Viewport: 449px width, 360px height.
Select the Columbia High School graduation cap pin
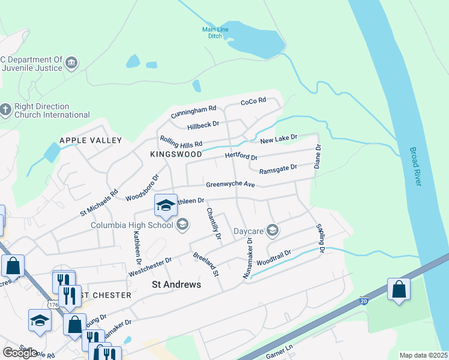point(166,205)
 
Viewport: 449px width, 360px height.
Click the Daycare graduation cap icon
point(273,230)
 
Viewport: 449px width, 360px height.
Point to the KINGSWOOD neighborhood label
point(176,154)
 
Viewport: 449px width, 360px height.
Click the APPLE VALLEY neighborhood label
point(90,140)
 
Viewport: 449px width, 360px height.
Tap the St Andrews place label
point(176,284)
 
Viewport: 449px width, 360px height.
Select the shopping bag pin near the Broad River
point(399,290)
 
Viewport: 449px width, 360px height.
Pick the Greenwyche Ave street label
point(231,185)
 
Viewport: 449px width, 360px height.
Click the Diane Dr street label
point(318,155)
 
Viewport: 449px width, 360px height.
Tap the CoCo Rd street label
point(253,101)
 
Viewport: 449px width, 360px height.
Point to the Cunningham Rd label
point(193,111)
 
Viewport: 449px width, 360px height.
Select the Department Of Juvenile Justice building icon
point(71,64)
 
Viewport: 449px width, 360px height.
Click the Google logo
point(20,353)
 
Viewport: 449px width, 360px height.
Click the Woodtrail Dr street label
point(273,259)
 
